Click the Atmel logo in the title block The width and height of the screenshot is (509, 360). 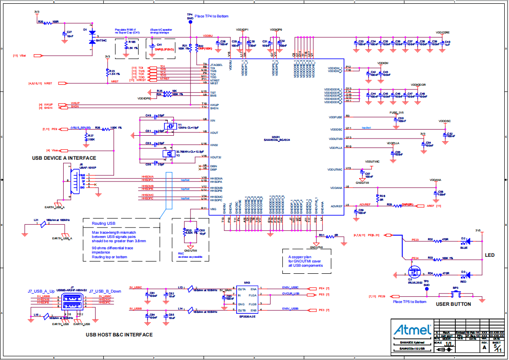[413, 329]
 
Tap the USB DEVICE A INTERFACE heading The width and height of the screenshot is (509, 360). [64, 158]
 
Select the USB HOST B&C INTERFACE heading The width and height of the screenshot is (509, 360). [119, 335]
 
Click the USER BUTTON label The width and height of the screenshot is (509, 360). [453, 304]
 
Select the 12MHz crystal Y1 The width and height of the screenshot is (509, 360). [168, 126]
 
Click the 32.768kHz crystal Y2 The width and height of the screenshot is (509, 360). [165, 153]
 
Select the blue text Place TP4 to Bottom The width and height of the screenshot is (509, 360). [211, 16]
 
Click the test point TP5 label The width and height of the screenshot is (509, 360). [426, 281]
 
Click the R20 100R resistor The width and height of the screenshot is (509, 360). [50, 22]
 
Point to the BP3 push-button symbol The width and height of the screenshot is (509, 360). [456, 295]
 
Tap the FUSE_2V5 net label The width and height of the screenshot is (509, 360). [396, 113]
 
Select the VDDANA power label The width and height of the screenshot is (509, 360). [435, 180]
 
